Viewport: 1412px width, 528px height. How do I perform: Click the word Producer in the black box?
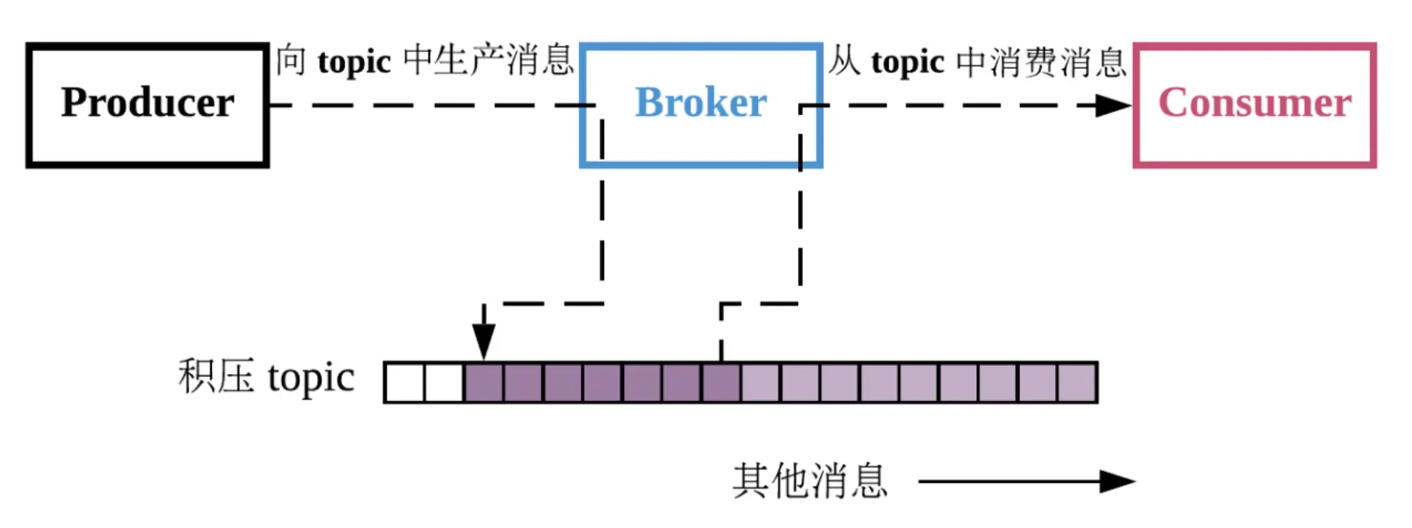click(x=147, y=103)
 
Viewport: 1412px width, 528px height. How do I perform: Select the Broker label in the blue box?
click(x=701, y=103)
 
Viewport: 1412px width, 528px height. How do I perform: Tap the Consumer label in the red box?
click(x=1255, y=103)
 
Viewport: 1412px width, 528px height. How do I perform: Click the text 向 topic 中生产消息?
click(x=425, y=61)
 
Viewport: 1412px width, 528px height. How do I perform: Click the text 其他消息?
click(x=810, y=480)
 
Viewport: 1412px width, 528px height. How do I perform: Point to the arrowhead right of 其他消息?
click(x=1117, y=481)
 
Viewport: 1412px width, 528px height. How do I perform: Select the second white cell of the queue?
click(x=444, y=383)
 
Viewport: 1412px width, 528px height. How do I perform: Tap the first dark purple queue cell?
click(x=484, y=383)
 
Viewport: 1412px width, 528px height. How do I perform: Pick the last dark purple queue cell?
click(x=721, y=383)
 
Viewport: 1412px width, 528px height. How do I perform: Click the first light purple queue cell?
click(x=761, y=383)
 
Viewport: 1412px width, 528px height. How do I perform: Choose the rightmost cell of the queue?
click(x=1077, y=383)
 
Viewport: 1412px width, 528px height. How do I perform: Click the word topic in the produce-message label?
click(x=354, y=62)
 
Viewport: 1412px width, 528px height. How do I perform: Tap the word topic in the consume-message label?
click(x=908, y=62)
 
